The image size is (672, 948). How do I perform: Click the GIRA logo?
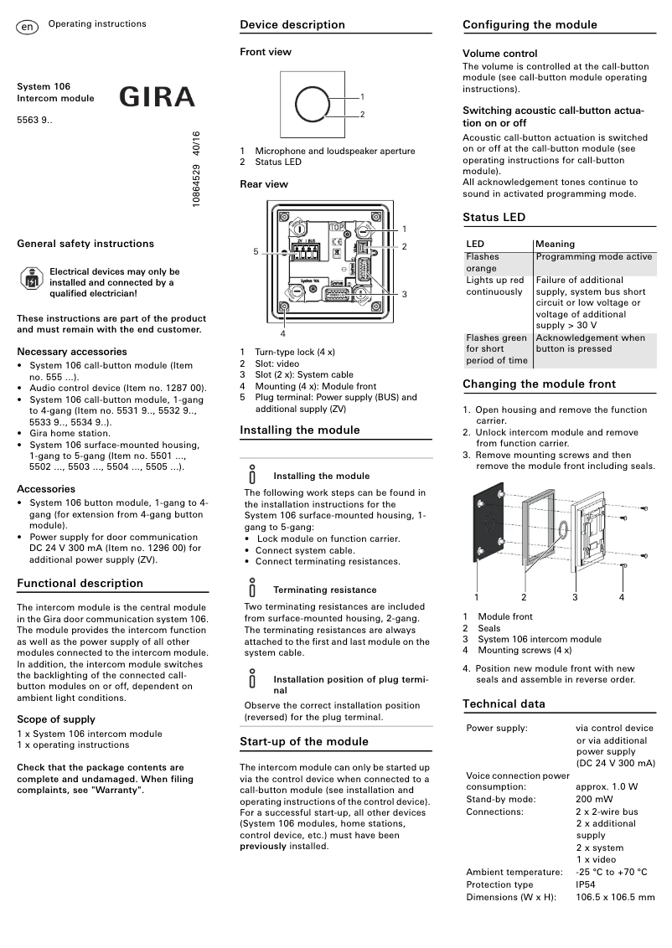[157, 97]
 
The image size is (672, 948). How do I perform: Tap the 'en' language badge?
[27, 28]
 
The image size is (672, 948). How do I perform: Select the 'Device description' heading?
[292, 25]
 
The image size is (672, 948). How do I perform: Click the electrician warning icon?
[30, 279]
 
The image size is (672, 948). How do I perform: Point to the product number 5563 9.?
[34, 121]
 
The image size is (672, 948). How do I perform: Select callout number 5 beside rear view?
[256, 251]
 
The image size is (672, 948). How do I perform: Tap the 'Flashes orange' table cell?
[483, 262]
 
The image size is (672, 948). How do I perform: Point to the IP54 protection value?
[586, 884]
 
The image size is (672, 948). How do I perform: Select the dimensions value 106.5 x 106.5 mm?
[615, 897]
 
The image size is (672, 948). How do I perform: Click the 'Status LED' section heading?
[494, 218]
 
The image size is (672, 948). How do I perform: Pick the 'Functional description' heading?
[80, 584]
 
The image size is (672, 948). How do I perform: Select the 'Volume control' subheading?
[499, 54]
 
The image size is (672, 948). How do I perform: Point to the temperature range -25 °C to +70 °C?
[611, 872]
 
